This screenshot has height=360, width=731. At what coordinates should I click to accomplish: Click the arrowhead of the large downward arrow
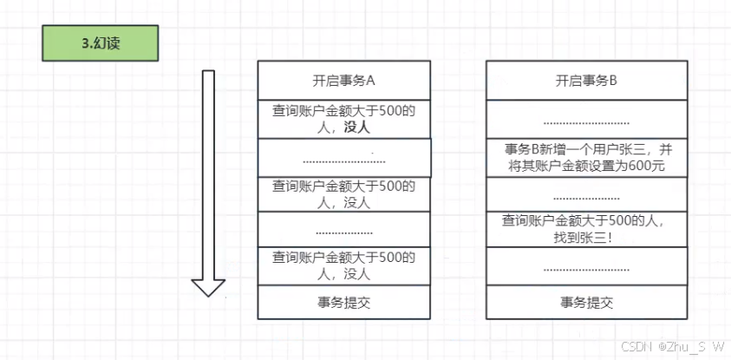coord(208,287)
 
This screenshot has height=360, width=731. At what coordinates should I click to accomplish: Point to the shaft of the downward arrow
coord(208,173)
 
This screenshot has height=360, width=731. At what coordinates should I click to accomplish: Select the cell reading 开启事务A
coord(343,81)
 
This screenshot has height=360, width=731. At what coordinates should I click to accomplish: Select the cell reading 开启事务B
coord(586,81)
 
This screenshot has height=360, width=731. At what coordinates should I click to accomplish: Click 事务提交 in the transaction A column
coord(343,303)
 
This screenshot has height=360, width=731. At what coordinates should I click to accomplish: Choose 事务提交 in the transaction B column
coord(586,303)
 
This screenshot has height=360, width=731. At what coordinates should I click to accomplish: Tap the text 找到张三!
coord(586,236)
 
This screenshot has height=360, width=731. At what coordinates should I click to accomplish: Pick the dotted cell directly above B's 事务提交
coord(586,268)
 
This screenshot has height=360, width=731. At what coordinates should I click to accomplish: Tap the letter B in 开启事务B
coord(613,81)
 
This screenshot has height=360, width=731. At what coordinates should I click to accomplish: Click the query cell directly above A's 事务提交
coord(343,265)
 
